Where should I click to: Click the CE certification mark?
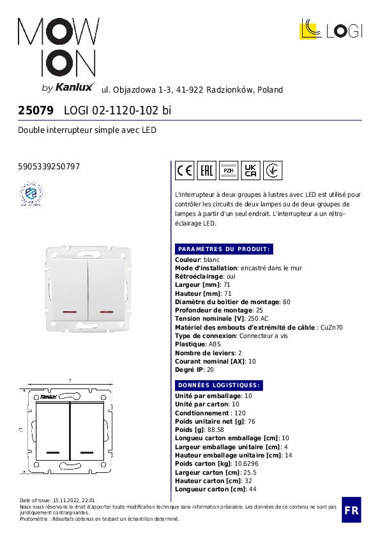(185, 171)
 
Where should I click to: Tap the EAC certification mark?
(207, 171)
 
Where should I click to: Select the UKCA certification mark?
(251, 171)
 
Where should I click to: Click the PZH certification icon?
(229, 171)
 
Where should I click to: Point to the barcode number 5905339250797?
(49, 167)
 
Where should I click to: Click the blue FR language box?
(351, 510)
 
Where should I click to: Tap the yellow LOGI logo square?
(310, 29)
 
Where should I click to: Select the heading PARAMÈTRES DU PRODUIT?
(224, 249)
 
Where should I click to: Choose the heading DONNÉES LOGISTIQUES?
(218, 385)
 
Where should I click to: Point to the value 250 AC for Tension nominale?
(258, 319)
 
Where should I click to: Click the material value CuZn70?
(331, 327)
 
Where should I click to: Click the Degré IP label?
(190, 370)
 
